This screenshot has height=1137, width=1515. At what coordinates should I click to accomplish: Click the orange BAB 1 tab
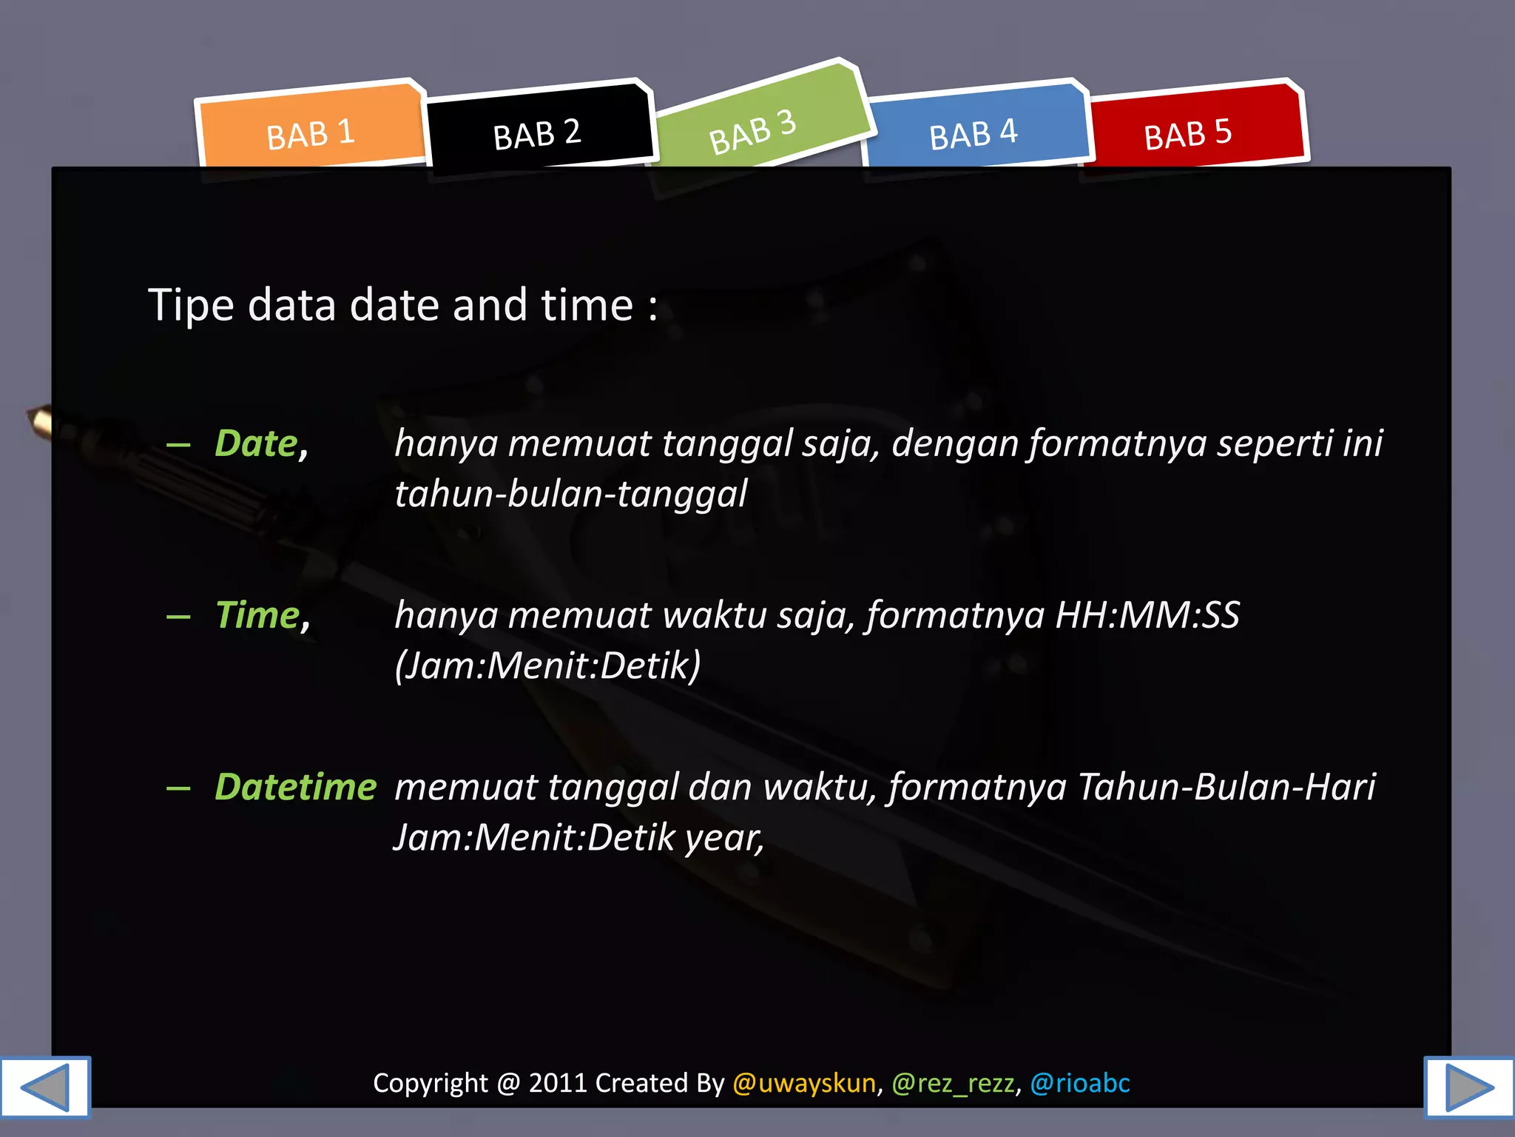point(311,134)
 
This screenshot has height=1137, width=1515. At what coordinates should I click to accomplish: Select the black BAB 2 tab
point(537,134)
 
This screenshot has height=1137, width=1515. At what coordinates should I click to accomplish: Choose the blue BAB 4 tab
point(974,134)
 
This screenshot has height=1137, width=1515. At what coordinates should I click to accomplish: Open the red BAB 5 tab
point(1188,134)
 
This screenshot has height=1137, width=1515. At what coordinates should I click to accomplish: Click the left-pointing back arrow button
point(45,1087)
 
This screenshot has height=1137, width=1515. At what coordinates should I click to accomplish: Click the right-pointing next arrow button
point(1469,1087)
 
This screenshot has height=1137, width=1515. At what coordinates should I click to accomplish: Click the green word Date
point(256,443)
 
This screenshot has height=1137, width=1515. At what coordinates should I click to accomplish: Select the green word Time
point(257,615)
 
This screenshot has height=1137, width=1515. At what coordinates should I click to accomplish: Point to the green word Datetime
point(296,787)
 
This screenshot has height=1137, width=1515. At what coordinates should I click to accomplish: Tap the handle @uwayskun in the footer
point(804,1083)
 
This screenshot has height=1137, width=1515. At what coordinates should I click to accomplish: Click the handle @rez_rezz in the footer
point(953,1083)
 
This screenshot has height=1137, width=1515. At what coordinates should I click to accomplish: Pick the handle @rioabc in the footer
point(1080,1083)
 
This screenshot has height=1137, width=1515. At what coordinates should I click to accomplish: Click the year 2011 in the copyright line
point(558,1083)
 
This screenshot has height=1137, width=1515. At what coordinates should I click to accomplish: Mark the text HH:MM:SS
point(1147,615)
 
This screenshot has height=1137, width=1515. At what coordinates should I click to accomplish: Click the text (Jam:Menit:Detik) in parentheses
point(547,665)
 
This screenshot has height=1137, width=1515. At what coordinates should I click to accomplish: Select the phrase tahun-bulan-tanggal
point(571,494)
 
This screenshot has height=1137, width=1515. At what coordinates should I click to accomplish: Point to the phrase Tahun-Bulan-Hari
point(1226,787)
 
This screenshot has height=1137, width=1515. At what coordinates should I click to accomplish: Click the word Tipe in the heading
point(192,305)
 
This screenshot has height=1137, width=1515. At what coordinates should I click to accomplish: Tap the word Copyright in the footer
point(431,1083)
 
